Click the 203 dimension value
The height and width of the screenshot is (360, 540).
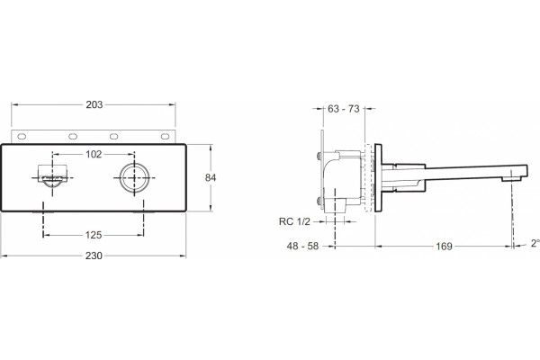coord(94,104)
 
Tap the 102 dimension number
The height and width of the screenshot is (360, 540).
coord(94,154)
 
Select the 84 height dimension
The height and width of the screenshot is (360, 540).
coord(211,177)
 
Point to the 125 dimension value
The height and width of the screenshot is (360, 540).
coord(94,235)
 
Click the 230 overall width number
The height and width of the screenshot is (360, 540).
coord(94,256)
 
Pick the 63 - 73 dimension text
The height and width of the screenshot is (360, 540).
coord(344,109)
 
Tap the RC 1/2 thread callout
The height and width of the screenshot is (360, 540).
coord(294,221)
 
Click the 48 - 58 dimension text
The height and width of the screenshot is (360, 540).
coord(302,247)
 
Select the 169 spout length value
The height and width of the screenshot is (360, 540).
coord(444,247)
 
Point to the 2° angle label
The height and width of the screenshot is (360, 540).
coord(535,243)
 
